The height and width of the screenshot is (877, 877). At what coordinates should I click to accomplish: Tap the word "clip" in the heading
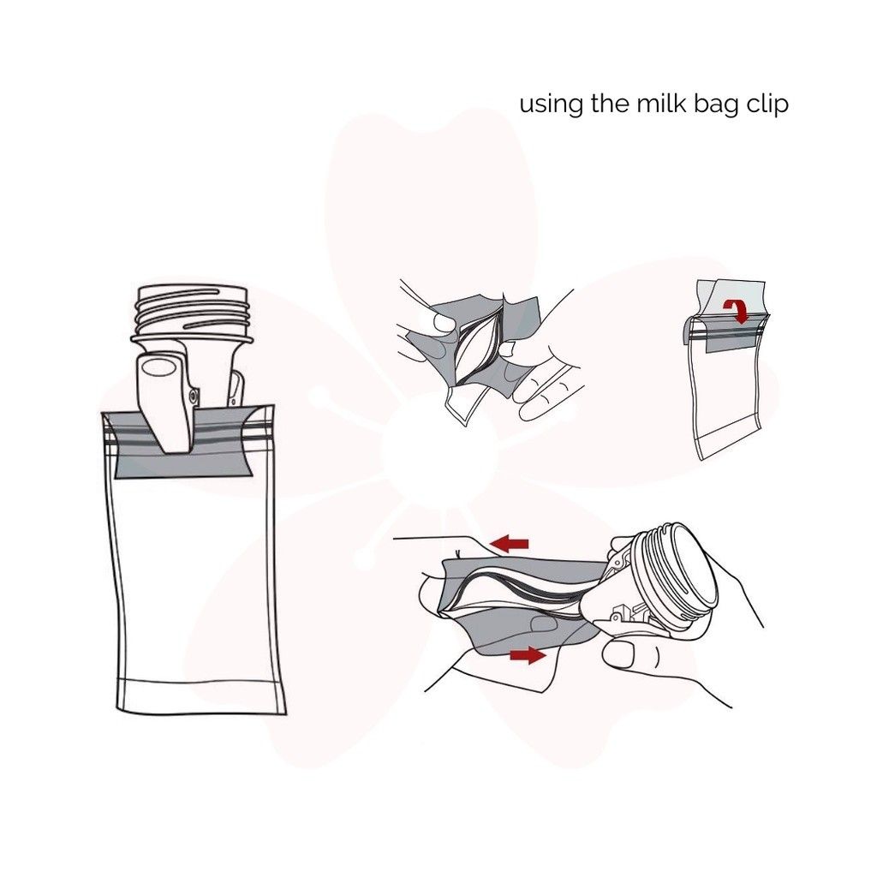point(767,106)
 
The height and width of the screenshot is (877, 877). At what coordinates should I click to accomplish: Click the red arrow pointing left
point(512,543)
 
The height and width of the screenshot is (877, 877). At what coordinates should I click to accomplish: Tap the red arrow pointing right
point(528,655)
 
